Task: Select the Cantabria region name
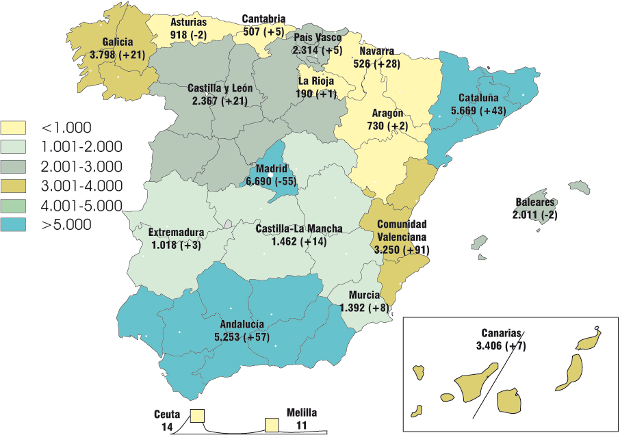(263, 19)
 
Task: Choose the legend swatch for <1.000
(14, 128)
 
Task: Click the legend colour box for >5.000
(14, 225)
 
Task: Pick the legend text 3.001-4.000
(81, 186)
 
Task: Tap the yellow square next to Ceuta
(198, 415)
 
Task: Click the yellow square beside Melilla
(272, 425)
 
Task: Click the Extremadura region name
(176, 233)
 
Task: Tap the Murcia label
(363, 295)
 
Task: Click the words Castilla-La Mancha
(299, 229)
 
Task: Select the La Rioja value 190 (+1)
(317, 93)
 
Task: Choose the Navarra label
(376, 51)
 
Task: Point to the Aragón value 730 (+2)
(387, 126)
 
